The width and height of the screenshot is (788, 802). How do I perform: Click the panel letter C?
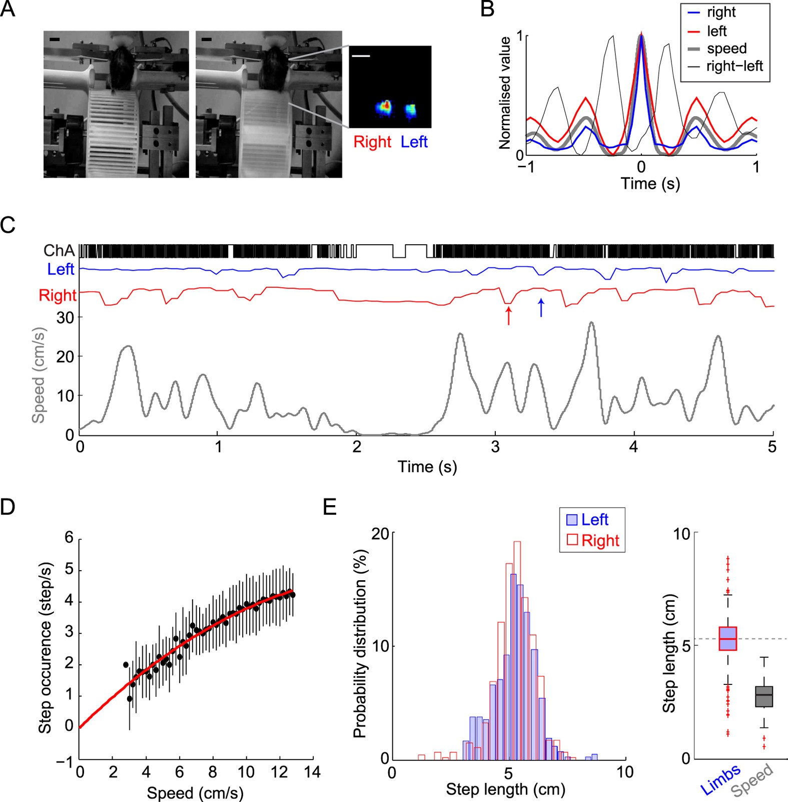(x=8, y=225)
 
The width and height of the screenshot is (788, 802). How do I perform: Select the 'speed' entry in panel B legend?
(x=726, y=49)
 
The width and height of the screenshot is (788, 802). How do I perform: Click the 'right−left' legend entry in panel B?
(x=734, y=66)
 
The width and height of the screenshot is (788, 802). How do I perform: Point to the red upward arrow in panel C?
(x=509, y=316)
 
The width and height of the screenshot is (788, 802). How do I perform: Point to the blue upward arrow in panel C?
(x=541, y=308)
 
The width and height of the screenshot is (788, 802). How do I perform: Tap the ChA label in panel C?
(x=59, y=250)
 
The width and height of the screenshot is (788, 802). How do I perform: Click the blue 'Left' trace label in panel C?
(x=61, y=269)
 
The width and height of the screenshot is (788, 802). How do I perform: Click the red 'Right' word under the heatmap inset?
(x=372, y=142)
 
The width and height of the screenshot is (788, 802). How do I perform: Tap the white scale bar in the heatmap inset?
(x=361, y=56)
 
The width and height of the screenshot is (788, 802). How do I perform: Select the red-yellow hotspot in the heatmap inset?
(x=384, y=108)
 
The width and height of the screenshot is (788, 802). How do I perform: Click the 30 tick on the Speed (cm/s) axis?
(x=65, y=317)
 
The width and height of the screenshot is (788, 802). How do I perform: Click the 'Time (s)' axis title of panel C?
(x=427, y=467)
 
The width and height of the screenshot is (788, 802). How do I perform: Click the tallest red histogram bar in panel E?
(x=517, y=651)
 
